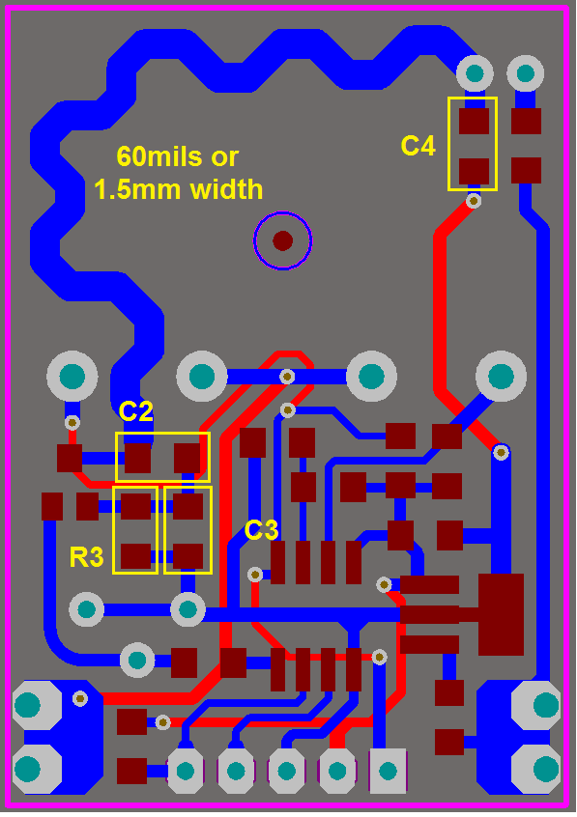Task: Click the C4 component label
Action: (x=418, y=146)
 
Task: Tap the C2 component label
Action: (x=136, y=411)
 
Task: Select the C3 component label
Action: (x=261, y=530)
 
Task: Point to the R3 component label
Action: (x=87, y=557)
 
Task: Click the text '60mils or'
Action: (x=178, y=156)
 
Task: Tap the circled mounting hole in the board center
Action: (x=283, y=240)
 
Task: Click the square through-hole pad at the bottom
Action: (x=388, y=771)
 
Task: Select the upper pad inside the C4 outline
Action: (x=475, y=122)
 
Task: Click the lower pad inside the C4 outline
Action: (x=475, y=171)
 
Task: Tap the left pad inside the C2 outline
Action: (x=138, y=458)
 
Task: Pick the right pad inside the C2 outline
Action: (x=188, y=458)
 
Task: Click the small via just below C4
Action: (x=474, y=201)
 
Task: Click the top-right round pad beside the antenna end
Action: (x=526, y=73)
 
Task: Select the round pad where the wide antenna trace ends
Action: (x=475, y=73)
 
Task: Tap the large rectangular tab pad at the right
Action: (x=501, y=614)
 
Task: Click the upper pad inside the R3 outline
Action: (x=135, y=506)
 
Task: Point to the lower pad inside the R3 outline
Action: (x=135, y=556)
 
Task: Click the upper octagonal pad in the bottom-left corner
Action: (x=37, y=706)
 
